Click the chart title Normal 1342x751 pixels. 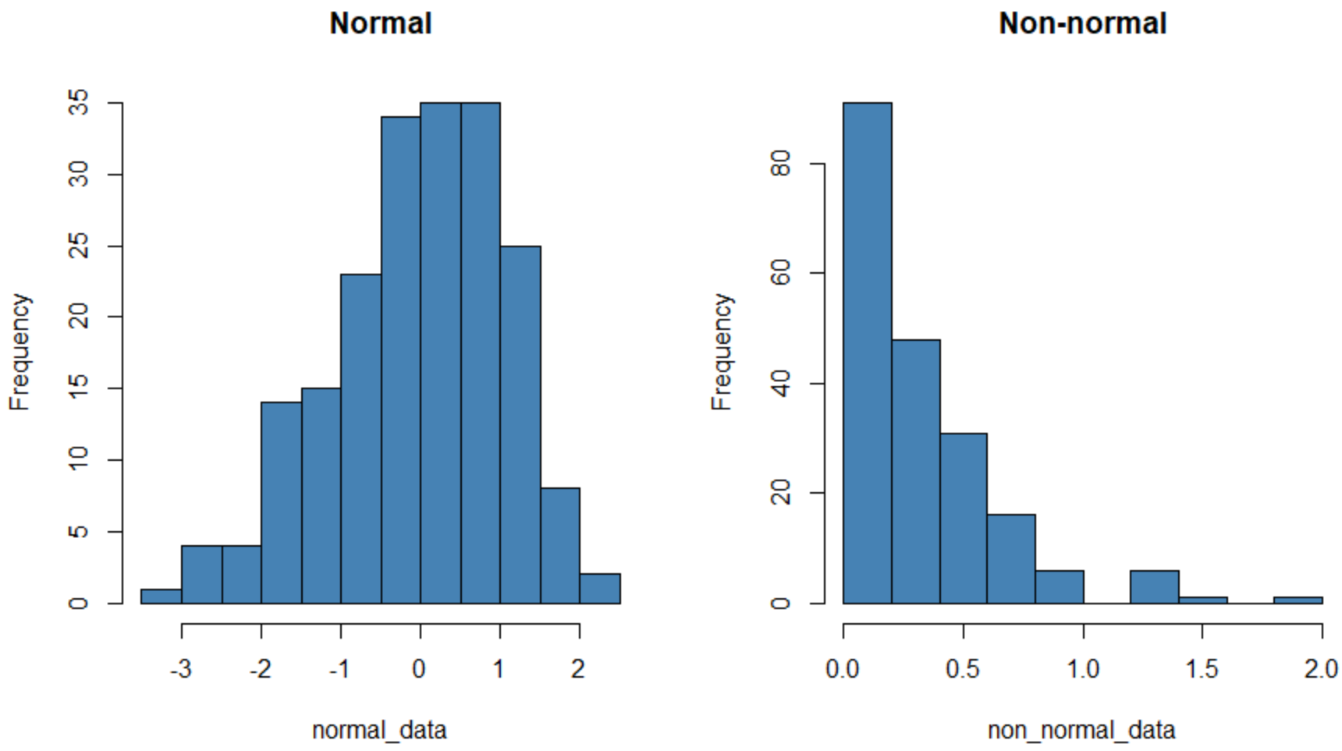(380, 23)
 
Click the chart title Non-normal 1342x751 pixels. (1082, 23)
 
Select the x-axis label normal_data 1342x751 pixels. (379, 730)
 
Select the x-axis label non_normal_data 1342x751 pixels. (1081, 730)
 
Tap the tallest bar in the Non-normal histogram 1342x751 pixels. (867, 351)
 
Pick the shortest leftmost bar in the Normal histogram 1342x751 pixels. (161, 596)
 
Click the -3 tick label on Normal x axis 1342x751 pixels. (181, 668)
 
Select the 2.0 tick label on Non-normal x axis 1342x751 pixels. (1320, 668)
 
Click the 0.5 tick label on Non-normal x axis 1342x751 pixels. (963, 668)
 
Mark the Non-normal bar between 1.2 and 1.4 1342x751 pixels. (1154, 586)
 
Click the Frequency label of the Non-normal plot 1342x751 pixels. (722, 351)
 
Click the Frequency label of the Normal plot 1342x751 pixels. (20, 351)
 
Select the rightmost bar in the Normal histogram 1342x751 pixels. (600, 589)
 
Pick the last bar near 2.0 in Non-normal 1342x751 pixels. (1298, 600)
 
